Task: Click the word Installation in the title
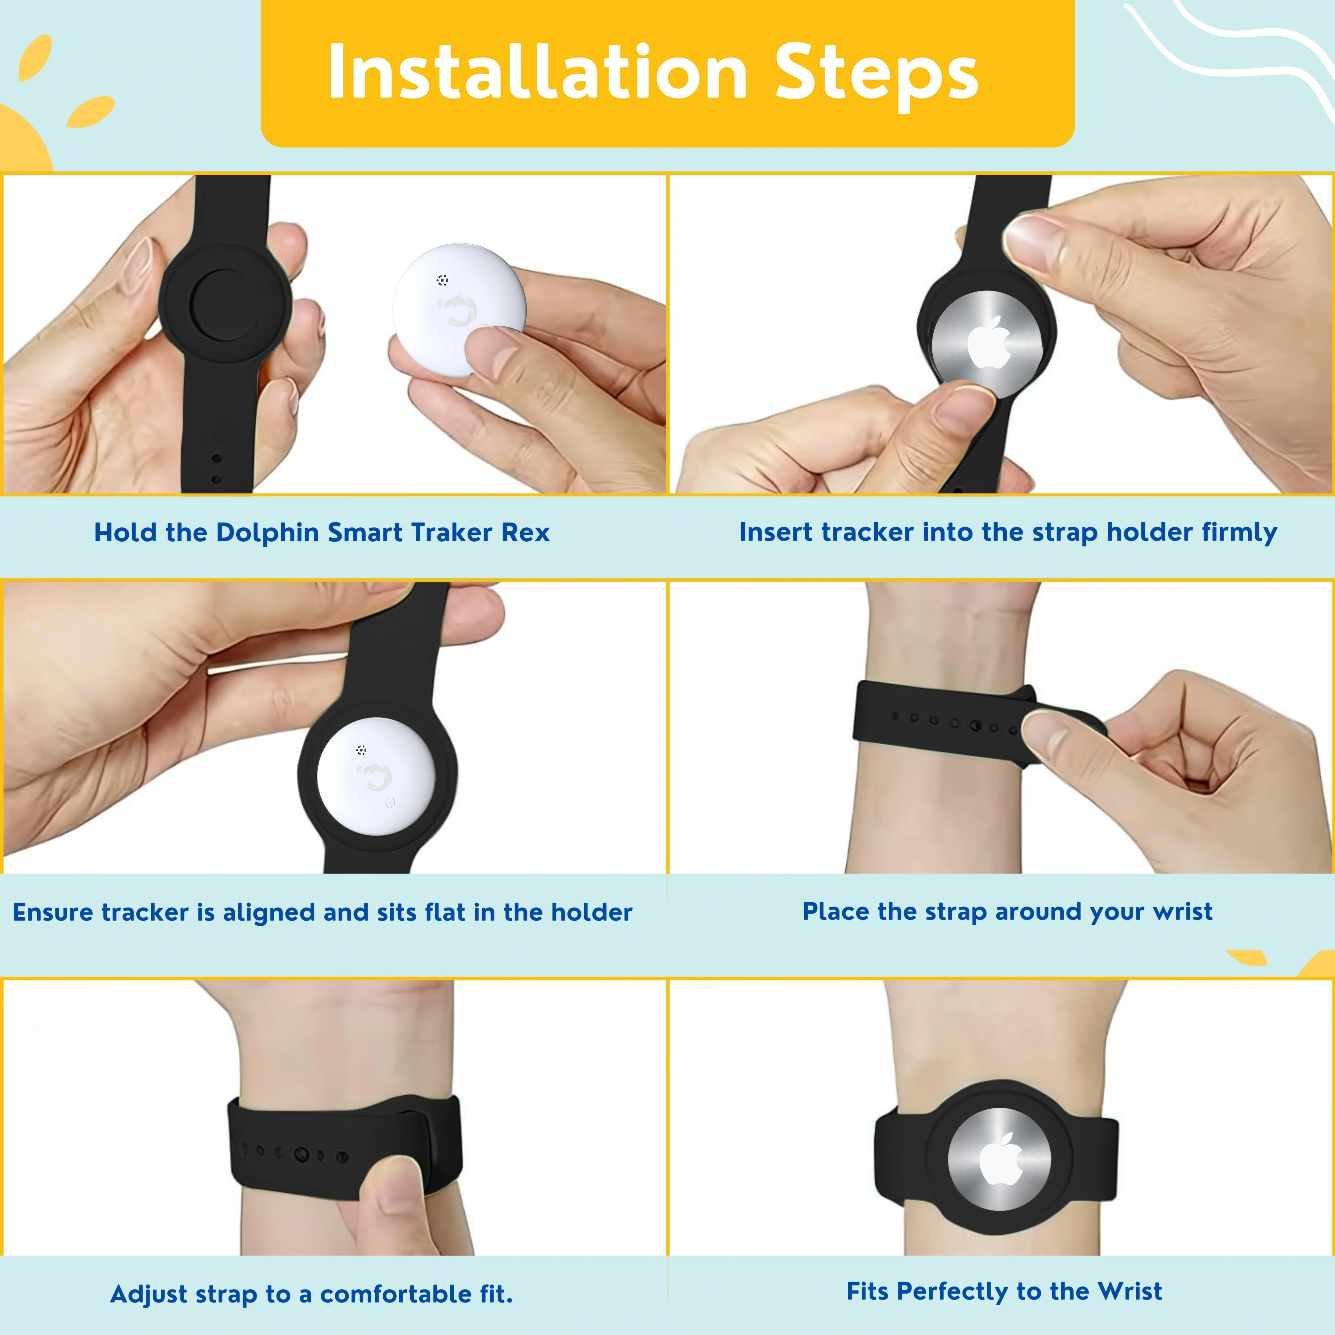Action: [x=538, y=72]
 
